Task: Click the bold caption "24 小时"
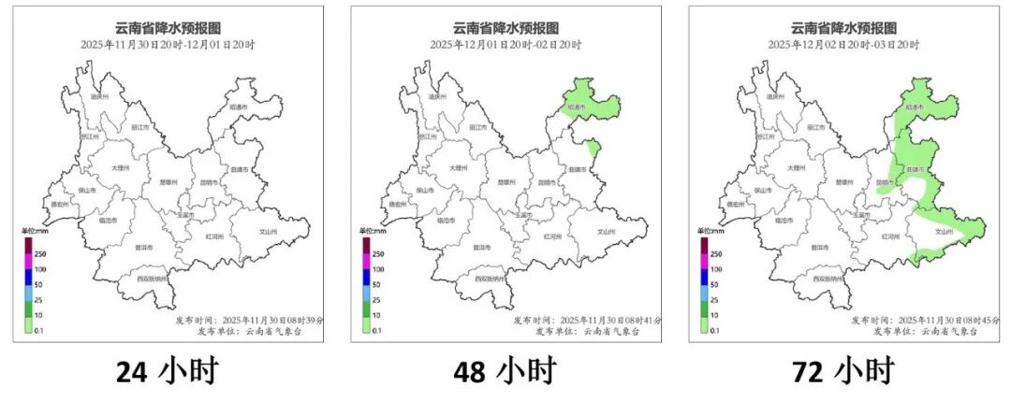pyautogui.click(x=167, y=371)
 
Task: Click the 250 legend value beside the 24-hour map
pyautogui.click(x=38, y=253)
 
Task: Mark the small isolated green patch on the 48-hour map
pyautogui.click(x=593, y=148)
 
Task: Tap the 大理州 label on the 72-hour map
pyautogui.click(x=794, y=167)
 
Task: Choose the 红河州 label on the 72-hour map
pyautogui.click(x=893, y=236)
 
